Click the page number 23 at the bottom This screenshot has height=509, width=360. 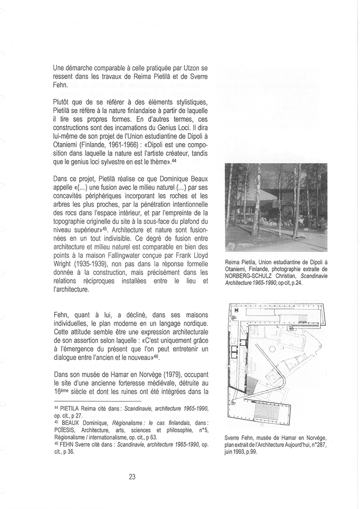(x=132, y=476)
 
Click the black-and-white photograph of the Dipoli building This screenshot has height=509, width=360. (x=276, y=207)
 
